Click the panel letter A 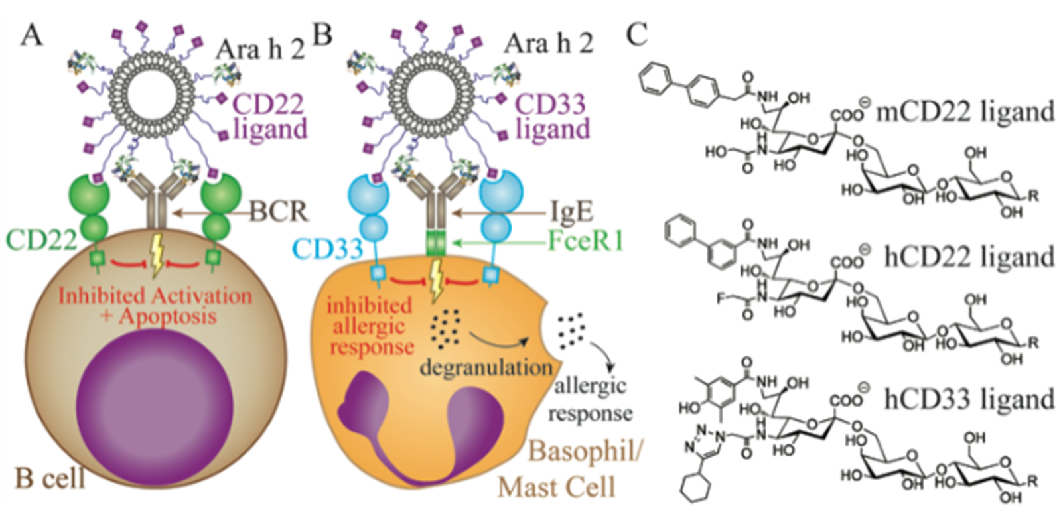(31, 35)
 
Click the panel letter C (637, 34)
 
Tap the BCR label (279, 212)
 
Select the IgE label (571, 212)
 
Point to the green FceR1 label (585, 241)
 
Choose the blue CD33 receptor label (327, 249)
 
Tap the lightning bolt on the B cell (155, 257)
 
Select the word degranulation (486, 367)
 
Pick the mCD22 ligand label (965, 112)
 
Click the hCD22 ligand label (969, 257)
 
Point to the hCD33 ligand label (969, 399)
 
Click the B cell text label (50, 478)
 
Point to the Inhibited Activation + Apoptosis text (155, 306)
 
